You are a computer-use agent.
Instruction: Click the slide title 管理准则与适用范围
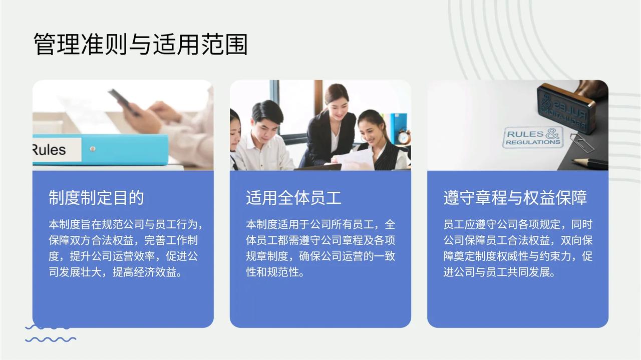pos(141,44)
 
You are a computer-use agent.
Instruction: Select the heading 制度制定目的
pos(96,197)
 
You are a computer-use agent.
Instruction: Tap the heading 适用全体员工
pos(293,197)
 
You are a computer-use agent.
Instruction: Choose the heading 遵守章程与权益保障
pos(515,197)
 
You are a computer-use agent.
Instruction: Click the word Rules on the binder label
pos(49,150)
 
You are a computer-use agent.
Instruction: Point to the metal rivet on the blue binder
pos(93,149)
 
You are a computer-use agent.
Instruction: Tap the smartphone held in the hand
pos(124,102)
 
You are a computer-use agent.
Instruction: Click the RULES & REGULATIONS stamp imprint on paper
pos(533,138)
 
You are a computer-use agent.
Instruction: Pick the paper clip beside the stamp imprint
pos(582,143)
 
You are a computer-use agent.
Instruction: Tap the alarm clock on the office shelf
pos(404,137)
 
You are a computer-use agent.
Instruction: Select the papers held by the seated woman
pos(355,159)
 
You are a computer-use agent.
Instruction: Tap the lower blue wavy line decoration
pos(51,339)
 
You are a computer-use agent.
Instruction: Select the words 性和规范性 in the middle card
pos(272,272)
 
